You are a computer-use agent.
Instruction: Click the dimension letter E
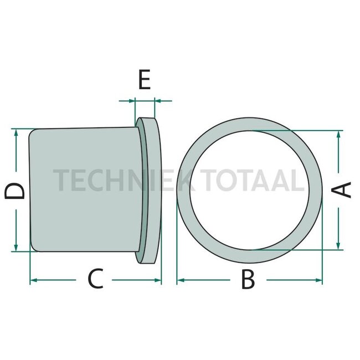(145, 79)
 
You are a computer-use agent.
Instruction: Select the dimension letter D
(14, 191)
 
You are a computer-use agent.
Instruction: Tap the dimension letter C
(95, 278)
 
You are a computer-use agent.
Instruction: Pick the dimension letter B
(248, 280)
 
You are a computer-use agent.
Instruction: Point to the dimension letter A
(341, 189)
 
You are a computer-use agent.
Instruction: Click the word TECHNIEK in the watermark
(122, 180)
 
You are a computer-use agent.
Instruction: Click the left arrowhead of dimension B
(181, 280)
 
